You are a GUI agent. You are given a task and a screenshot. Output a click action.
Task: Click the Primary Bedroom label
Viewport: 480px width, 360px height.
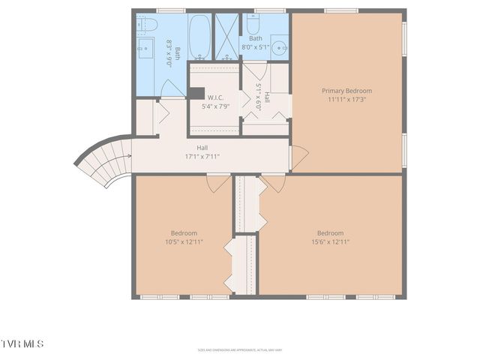point(346,91)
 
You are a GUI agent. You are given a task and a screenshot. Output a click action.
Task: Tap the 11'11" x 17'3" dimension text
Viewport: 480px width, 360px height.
point(346,100)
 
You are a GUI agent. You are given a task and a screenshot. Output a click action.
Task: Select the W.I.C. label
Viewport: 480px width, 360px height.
point(217,97)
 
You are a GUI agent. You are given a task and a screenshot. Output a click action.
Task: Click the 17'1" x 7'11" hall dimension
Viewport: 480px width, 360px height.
point(202,156)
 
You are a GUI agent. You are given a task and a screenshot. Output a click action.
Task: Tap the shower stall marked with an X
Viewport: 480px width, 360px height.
point(226,36)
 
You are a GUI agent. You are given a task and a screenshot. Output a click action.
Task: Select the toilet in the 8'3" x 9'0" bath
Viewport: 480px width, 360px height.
point(146,25)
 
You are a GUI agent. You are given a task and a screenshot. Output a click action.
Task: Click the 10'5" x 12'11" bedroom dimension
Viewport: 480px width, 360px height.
point(184,241)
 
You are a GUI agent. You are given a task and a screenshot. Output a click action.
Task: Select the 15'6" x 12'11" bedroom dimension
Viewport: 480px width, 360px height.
point(330,241)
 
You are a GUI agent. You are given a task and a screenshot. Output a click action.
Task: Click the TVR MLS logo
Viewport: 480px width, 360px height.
point(22,343)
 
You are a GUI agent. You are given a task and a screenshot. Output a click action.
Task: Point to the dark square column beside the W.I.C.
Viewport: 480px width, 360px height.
point(196,94)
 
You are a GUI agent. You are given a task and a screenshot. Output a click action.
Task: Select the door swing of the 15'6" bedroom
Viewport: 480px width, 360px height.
point(273,182)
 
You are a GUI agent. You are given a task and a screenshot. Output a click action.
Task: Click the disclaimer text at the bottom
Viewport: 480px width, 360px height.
point(240,349)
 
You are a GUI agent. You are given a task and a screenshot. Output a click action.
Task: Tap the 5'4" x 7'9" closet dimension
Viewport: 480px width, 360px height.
point(217,107)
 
